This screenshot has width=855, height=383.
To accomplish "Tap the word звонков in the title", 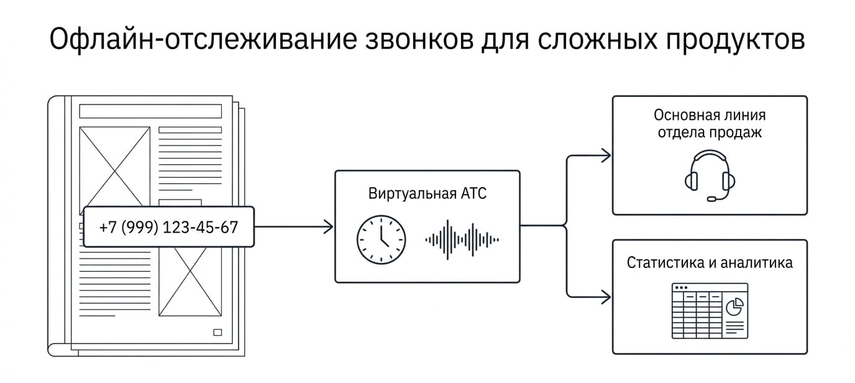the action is point(419,40).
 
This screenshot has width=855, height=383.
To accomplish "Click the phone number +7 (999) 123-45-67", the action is point(168,227).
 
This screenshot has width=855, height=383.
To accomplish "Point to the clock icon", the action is point(382,240).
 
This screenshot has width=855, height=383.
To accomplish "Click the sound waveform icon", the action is point(462,240).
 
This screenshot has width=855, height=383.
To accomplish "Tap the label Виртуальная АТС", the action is point(427,193).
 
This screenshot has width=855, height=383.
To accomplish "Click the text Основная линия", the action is point(710,115).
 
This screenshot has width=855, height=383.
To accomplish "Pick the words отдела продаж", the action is point(710,132).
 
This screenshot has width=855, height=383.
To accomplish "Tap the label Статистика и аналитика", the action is point(710,263).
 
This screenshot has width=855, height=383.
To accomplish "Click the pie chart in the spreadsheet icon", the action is point(734,307).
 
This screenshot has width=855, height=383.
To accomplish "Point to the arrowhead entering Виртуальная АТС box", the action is point(328,227).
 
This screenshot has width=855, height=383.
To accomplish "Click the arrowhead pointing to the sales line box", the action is point(606,155).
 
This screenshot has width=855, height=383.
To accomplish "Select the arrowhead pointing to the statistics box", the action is point(606,297).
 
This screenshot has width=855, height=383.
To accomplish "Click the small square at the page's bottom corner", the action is point(217,332).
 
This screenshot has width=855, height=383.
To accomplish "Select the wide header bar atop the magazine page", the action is point(150,111).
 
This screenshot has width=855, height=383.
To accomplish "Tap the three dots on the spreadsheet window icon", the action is point(681,287).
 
